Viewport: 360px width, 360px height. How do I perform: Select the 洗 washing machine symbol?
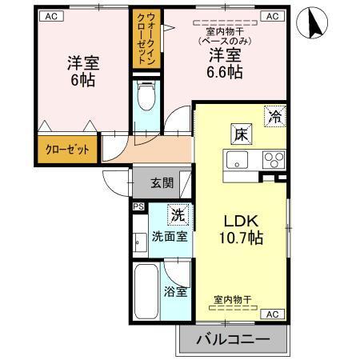[178, 214]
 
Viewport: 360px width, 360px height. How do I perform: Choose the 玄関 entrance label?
[162, 182]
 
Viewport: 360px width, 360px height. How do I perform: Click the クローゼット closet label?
[66, 149]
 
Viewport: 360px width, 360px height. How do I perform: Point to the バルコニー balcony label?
[231, 340]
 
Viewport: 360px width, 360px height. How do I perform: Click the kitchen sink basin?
[239, 160]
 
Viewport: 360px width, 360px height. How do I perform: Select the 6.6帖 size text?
[226, 72]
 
